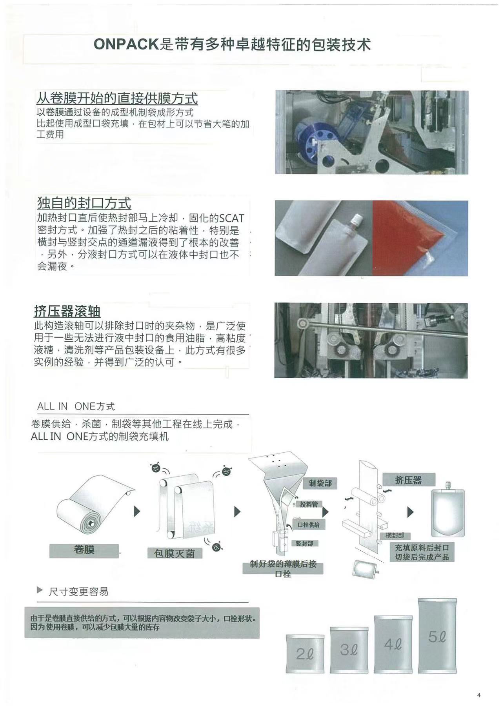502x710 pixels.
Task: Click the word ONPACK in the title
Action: click(x=126, y=44)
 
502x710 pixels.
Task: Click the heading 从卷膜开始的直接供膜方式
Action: click(x=117, y=98)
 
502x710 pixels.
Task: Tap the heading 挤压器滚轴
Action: click(x=67, y=311)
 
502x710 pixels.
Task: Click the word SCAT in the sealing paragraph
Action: click(x=232, y=218)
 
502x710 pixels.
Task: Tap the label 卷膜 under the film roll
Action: click(x=84, y=550)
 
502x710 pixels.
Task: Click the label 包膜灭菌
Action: click(x=174, y=553)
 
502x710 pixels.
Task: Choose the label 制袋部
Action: click(x=320, y=483)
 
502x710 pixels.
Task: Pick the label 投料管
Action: click(x=309, y=504)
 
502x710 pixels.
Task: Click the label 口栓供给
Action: click(x=309, y=524)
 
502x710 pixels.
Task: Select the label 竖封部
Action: click(x=304, y=544)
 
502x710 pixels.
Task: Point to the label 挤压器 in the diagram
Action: click(x=408, y=480)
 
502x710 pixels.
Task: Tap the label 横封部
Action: click(x=395, y=535)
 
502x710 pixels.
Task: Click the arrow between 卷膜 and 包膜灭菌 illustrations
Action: click(x=137, y=512)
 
